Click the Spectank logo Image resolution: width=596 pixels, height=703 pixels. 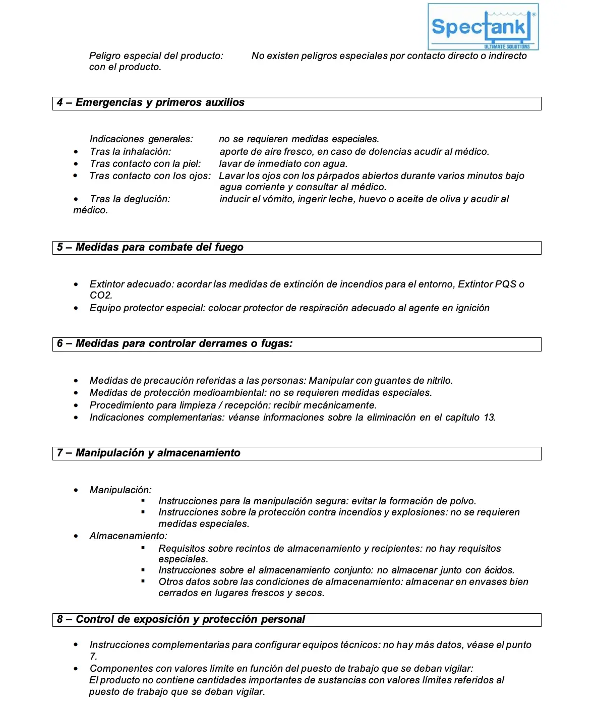483,27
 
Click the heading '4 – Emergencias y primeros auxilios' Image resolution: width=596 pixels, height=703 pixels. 150,103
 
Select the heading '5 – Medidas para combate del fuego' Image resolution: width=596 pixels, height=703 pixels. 150,248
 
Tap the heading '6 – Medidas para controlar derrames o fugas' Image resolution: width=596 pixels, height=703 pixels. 174,344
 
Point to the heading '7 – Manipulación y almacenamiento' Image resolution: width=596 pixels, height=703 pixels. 148,453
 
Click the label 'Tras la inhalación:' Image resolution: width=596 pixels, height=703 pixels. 130,152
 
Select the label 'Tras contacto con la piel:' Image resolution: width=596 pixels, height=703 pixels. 145,164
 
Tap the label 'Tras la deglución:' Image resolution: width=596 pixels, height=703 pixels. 130,199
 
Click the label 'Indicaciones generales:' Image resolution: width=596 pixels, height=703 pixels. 141,139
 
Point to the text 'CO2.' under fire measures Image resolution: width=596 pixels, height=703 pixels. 101,296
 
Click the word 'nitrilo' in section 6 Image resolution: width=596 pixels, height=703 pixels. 438,381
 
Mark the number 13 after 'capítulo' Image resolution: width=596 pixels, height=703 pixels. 489,418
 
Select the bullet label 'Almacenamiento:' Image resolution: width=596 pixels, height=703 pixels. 128,536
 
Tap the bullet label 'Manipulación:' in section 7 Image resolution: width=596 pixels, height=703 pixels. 121,490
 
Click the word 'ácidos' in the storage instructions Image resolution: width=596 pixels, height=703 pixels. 498,570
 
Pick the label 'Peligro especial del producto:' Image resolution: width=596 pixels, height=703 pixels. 156,56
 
